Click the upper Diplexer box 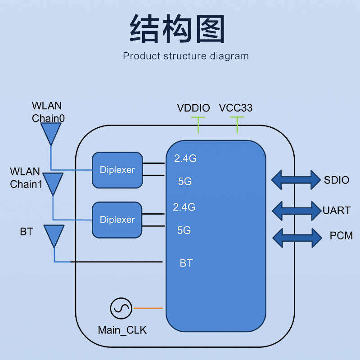117,170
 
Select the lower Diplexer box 117,220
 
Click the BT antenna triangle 54,235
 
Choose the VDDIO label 193,108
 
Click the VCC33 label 236,108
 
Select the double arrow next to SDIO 295,180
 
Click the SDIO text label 337,180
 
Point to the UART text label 337,210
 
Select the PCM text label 341,235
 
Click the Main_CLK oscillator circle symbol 121,308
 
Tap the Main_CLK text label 122,330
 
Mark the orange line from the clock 148,308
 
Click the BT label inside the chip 186,263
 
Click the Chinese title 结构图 177,28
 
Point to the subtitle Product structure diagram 185,56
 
